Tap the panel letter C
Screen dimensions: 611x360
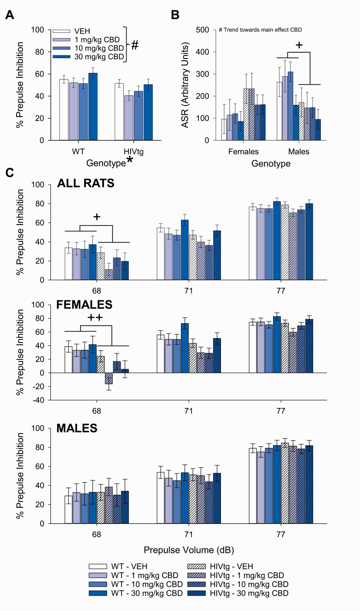[9, 173]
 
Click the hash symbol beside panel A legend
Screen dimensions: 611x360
[135, 45]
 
